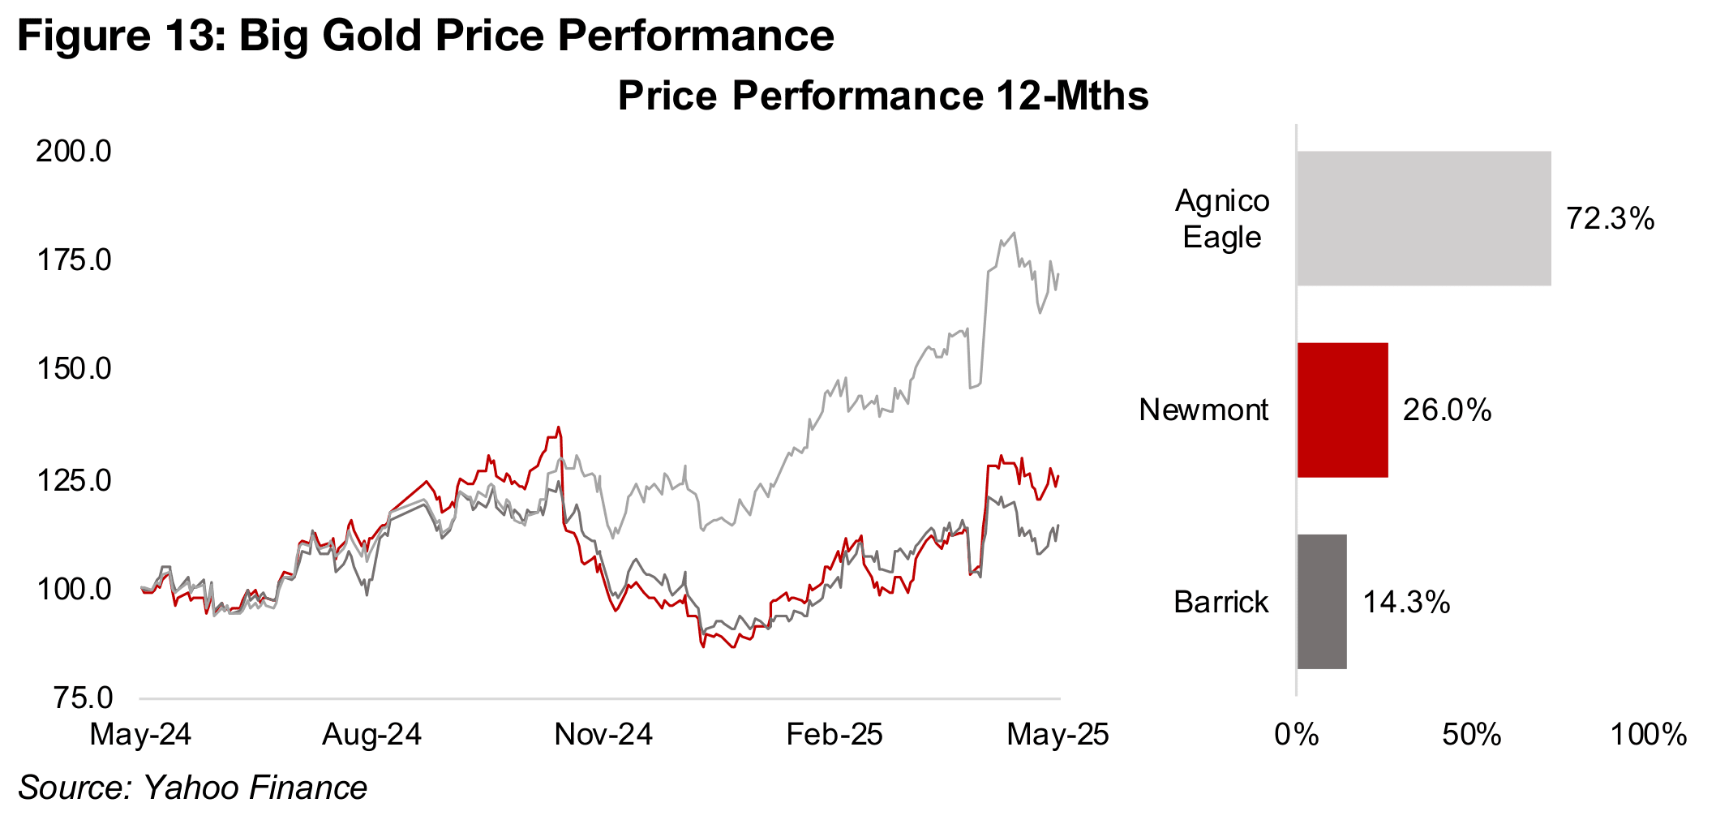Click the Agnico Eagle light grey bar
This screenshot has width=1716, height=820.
(x=1423, y=218)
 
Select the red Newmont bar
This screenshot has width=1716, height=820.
(x=1342, y=410)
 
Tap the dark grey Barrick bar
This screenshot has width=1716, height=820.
(x=1322, y=601)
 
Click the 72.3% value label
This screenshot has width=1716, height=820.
(x=1610, y=219)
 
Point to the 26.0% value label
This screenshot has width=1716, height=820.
(x=1447, y=410)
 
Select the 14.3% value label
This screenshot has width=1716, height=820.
(x=1406, y=602)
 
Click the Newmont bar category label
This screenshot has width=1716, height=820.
(x=1203, y=410)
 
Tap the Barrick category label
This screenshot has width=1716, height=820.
(x=1221, y=602)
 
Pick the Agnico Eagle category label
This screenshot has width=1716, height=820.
(x=1221, y=218)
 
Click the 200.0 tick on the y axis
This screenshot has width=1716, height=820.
(x=74, y=151)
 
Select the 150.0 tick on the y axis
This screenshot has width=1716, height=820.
(x=74, y=369)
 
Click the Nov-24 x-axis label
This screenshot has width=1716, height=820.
(x=603, y=735)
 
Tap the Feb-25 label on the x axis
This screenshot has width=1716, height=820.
(x=834, y=735)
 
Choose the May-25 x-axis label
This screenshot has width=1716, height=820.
(x=1057, y=735)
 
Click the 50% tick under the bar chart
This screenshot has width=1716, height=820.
(x=1471, y=735)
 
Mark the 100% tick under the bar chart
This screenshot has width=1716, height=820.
(x=1648, y=735)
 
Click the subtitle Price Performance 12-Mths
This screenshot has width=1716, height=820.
(x=883, y=96)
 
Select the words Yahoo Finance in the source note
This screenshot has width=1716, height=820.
(x=255, y=788)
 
